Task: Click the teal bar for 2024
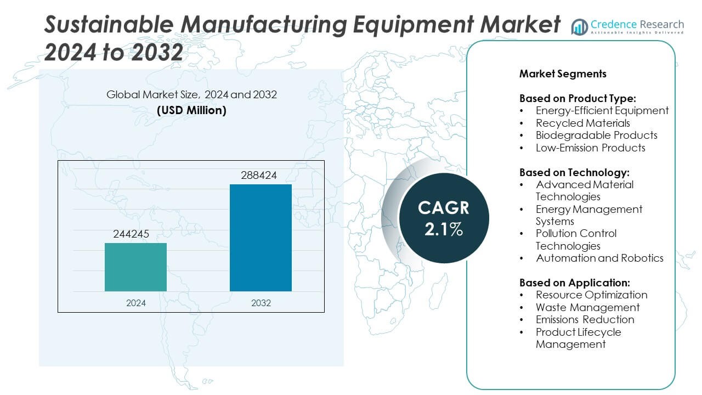(135, 267)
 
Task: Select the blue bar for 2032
(261, 238)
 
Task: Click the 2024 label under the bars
(135, 302)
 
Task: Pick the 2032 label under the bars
(261, 302)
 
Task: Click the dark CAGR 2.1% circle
(444, 218)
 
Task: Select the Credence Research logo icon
(579, 26)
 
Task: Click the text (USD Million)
(191, 110)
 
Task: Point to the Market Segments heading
(563, 74)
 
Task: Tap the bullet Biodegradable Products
(596, 135)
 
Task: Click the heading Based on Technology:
(574, 172)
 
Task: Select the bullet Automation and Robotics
(599, 258)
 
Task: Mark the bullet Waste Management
(587, 307)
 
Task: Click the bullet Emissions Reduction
(585, 319)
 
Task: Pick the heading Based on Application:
(575, 283)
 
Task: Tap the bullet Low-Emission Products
(590, 148)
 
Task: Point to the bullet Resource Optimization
(591, 295)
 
